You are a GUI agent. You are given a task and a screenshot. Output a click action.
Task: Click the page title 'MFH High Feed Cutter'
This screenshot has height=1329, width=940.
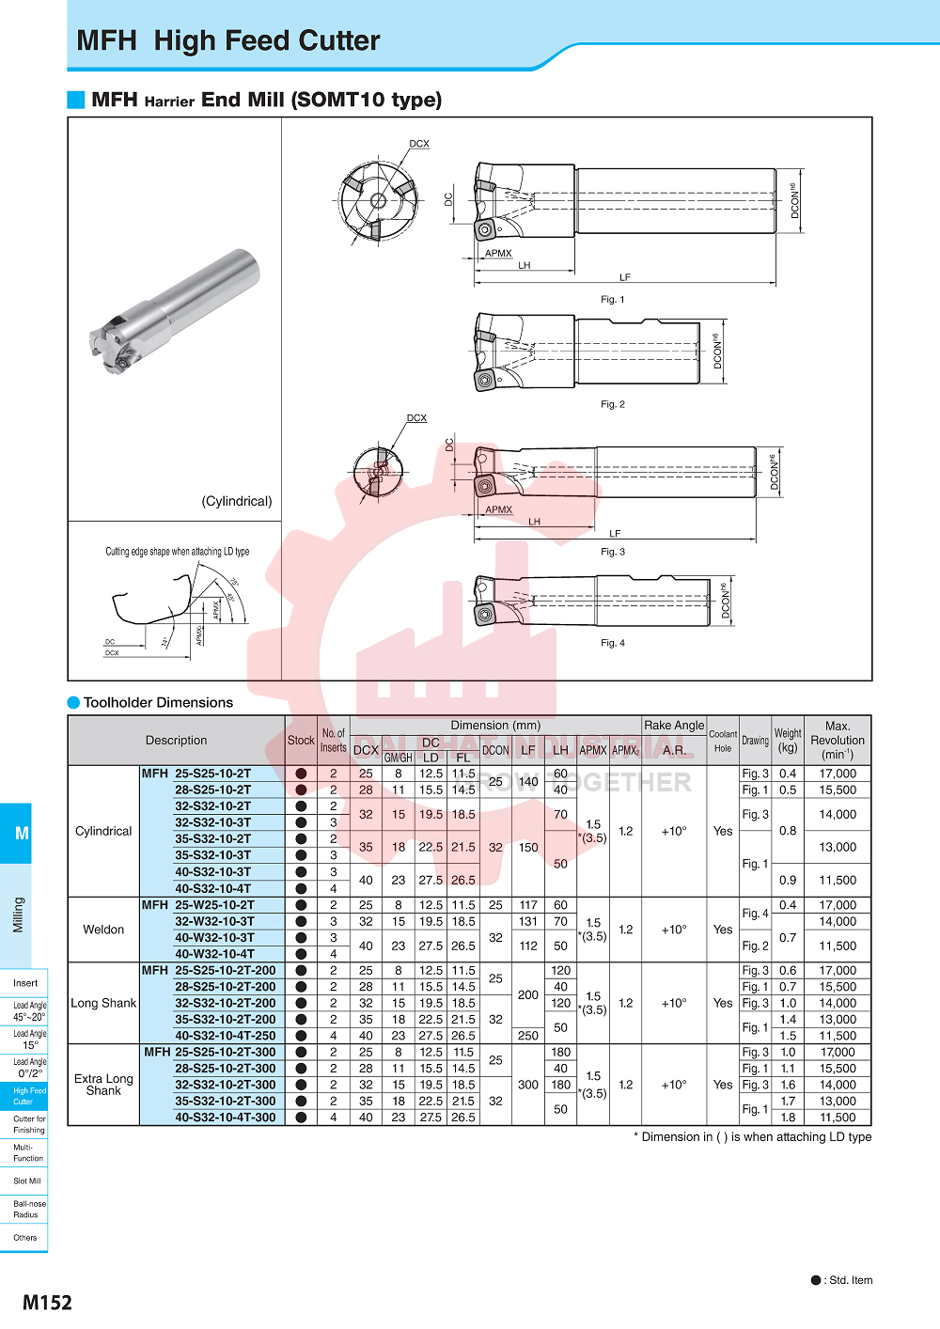(x=228, y=41)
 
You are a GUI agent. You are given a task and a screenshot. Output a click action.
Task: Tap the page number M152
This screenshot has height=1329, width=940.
(x=47, y=1302)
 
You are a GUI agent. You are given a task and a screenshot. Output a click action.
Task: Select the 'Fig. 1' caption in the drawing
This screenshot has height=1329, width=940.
(x=612, y=299)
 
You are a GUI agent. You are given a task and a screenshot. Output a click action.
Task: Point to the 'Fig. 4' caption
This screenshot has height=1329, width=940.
(x=612, y=643)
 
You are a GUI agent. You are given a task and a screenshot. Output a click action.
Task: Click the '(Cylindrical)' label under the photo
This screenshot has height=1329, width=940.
(x=237, y=501)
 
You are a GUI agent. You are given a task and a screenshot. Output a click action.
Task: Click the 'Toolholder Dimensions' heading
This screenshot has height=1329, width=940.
(x=158, y=702)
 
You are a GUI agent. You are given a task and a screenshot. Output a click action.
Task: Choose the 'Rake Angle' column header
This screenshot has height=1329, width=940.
(x=674, y=726)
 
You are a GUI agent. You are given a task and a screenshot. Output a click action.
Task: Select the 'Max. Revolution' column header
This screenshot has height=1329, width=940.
(x=837, y=740)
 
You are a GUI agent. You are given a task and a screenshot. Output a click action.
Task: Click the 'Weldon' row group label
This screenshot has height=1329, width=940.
(x=103, y=930)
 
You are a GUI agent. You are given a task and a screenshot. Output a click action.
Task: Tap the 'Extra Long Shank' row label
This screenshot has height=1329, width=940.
(x=103, y=1085)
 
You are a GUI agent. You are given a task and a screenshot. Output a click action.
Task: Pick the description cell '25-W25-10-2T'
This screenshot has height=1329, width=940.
(x=214, y=905)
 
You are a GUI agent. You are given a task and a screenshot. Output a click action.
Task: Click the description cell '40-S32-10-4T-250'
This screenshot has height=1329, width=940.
(x=226, y=1036)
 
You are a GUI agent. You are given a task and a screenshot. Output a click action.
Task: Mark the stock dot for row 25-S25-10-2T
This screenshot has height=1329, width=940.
(x=301, y=774)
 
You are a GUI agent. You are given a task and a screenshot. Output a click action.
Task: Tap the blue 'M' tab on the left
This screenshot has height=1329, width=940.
(x=21, y=834)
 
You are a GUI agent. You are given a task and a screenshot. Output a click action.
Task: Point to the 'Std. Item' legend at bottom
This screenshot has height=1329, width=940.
(x=842, y=1280)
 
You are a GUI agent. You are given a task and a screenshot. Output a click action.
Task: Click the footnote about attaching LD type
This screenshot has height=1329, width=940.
(x=752, y=1137)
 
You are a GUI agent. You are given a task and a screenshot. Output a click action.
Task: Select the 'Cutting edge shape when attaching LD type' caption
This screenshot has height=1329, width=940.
(x=177, y=552)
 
